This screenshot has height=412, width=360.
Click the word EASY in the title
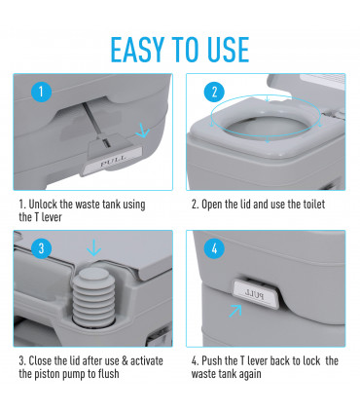pos(137,50)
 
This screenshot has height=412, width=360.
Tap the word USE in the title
pos(228,50)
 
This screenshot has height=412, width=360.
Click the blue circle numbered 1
pos(41,92)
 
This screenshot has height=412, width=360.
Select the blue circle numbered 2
pos(214,92)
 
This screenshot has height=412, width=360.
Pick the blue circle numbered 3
pos(41,248)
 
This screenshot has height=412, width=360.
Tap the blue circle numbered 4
pos(214,248)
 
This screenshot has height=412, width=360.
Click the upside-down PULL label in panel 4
pos(255,294)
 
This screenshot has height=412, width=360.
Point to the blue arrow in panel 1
pos(142,131)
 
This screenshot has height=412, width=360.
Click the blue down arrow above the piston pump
pos(94,247)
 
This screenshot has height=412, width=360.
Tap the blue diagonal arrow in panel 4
pos(235,311)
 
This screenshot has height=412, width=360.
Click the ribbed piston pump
pos(93,294)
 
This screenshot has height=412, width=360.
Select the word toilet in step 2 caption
pos(313,205)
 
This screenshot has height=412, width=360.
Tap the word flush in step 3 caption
pos(108,373)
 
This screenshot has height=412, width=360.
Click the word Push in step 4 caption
pos(211,360)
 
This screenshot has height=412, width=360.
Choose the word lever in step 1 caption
pos(52,217)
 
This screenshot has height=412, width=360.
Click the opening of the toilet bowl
pos(267,127)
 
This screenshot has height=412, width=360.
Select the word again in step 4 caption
pos(249,374)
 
